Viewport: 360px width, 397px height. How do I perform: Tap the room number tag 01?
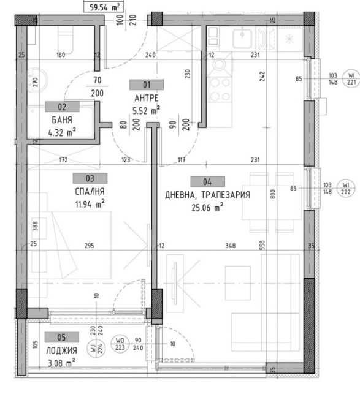pos(145,86)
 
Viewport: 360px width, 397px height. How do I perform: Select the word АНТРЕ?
pos(145,98)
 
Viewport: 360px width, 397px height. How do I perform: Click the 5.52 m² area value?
pos(146,110)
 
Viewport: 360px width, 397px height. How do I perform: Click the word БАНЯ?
pos(61,119)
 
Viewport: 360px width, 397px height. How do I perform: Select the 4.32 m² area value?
pos(61,131)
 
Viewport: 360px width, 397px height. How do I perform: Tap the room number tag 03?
pos(90,178)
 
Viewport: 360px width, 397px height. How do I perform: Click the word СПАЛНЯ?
pos(90,190)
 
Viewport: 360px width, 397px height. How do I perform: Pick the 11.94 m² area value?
pos(90,202)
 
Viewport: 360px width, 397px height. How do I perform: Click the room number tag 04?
pos(207,181)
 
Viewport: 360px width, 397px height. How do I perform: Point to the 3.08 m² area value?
pos(61,362)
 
